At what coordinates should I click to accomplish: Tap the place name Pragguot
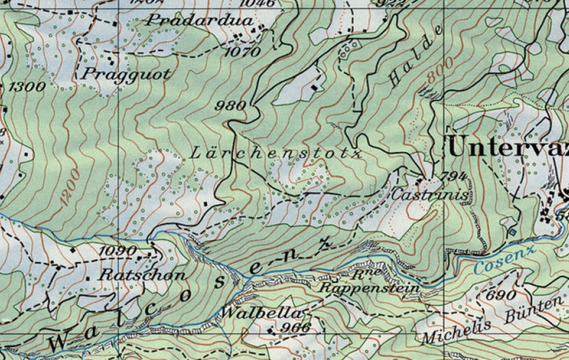127,74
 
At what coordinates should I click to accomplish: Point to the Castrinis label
430,196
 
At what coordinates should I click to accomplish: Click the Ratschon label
142,274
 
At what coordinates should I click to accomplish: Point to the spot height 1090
118,251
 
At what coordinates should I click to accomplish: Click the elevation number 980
231,105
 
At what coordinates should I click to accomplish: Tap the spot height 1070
243,53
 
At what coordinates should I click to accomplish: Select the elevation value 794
453,177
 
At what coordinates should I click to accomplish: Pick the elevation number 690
501,294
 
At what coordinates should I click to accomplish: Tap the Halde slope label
415,56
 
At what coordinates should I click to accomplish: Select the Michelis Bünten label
491,322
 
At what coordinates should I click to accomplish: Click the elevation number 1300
27,87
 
